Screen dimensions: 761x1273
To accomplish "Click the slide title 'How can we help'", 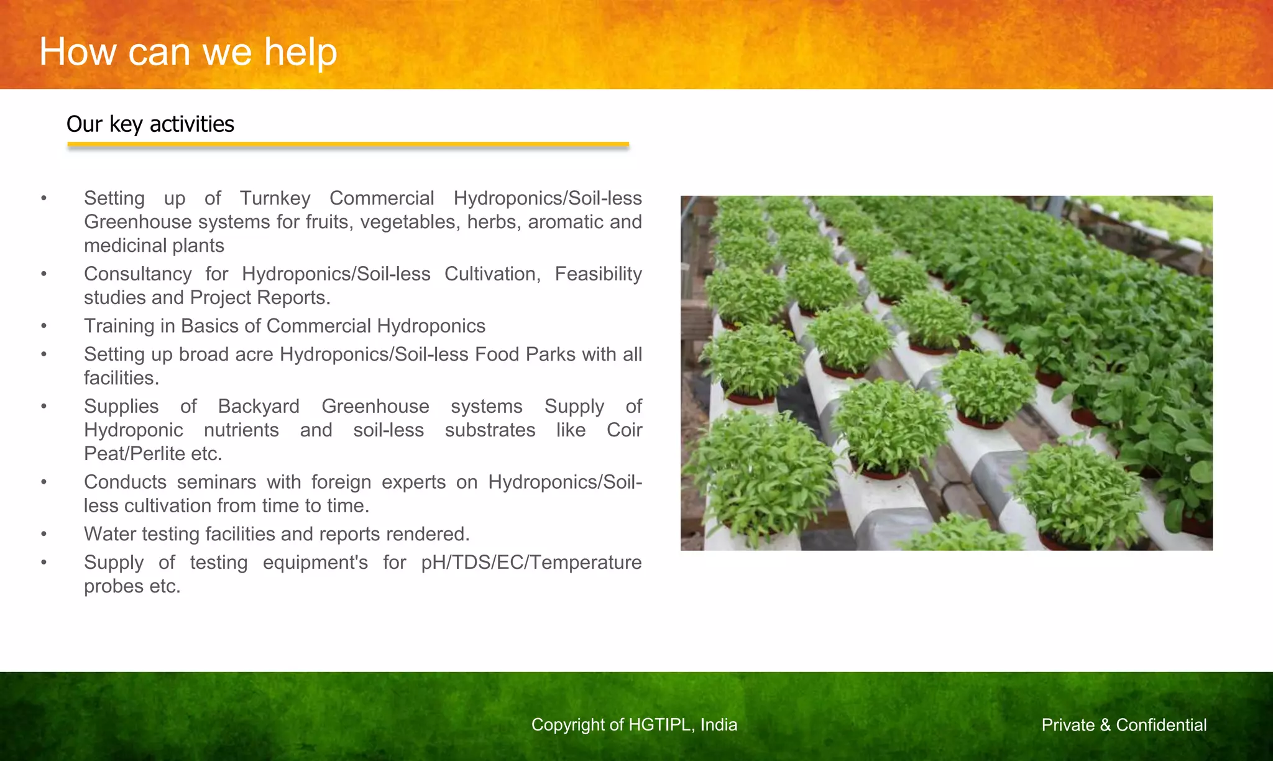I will click(188, 52).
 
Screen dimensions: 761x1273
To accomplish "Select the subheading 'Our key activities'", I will click(150, 124).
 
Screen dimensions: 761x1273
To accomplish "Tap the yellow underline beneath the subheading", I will click(348, 145).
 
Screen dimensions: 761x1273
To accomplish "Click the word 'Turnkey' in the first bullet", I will click(275, 198).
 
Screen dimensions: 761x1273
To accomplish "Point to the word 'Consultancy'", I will click(137, 274).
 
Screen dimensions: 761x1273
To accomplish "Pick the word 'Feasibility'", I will click(598, 274).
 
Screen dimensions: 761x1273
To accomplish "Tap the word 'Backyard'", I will click(259, 407).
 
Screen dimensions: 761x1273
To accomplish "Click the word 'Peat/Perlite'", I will click(134, 454).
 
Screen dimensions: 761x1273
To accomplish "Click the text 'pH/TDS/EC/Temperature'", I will click(531, 563).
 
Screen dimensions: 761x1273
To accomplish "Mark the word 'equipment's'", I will click(315, 563).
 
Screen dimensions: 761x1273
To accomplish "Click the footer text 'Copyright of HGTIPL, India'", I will click(634, 725).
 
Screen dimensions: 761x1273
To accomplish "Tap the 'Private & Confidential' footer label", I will click(1124, 725).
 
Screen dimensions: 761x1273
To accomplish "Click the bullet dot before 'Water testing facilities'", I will click(44, 535).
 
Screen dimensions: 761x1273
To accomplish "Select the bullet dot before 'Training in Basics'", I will click(44, 326).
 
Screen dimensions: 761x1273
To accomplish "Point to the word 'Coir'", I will click(624, 430).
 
